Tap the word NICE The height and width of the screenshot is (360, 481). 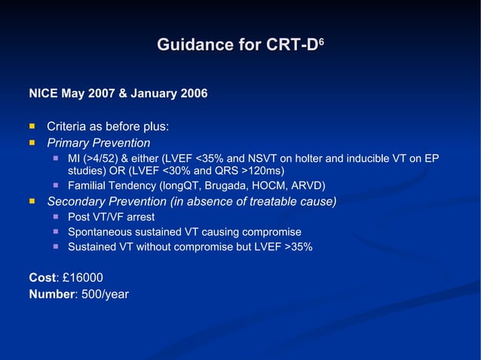coord(43,94)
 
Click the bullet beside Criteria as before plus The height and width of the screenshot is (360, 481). coord(32,126)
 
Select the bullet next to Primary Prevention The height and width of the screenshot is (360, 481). coord(32,142)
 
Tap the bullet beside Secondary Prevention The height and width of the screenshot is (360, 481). coord(32,201)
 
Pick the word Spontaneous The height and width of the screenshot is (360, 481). coord(100,232)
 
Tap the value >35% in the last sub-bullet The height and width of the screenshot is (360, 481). coord(298,246)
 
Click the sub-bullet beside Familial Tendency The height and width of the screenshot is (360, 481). coord(56,185)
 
